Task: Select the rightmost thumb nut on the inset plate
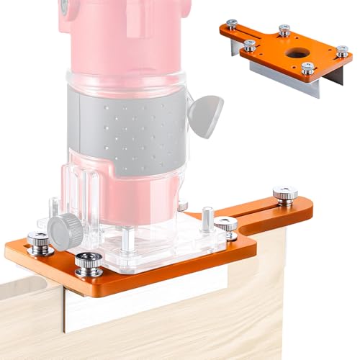point(342,51)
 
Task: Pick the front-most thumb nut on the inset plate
point(308,68)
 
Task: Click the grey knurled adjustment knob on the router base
point(64,227)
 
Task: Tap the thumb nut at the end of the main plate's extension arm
point(284,194)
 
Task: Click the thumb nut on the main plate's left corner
point(37,243)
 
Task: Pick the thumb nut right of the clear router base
point(227,225)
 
